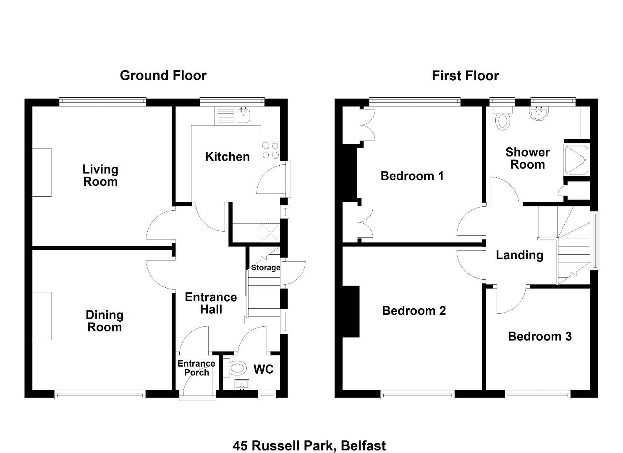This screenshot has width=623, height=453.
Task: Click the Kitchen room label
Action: (x=227, y=157)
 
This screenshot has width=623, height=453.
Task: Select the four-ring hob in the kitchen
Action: (x=270, y=150)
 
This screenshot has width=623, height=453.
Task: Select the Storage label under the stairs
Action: (x=265, y=268)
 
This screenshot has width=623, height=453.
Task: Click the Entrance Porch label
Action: (x=196, y=368)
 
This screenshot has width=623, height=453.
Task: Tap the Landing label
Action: (x=520, y=255)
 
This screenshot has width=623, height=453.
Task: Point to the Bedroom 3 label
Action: (x=540, y=336)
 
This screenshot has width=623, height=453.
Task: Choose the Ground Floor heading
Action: (x=163, y=75)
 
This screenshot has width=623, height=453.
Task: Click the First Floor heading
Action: (x=465, y=75)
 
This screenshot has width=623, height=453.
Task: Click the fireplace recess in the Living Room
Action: (x=42, y=172)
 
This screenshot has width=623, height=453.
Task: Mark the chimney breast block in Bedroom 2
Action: (x=351, y=312)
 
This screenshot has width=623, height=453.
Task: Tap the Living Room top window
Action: (x=102, y=102)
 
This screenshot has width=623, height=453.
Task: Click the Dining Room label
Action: (x=105, y=321)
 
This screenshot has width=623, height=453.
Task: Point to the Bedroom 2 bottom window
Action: (x=417, y=394)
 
